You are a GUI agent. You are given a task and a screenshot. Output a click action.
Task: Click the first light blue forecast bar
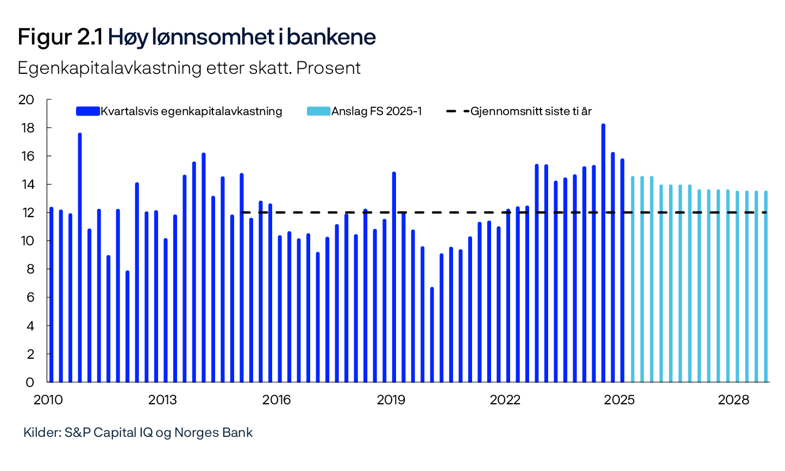pyautogui.click(x=632, y=279)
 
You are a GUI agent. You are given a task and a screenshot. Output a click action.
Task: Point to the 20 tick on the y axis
pyautogui.click(x=26, y=100)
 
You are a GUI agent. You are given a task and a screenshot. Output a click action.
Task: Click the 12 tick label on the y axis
pyautogui.click(x=26, y=213)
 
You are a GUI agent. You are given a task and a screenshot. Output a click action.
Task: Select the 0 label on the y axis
pyautogui.click(x=30, y=383)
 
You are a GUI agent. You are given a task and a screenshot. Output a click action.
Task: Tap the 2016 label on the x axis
pyautogui.click(x=277, y=400)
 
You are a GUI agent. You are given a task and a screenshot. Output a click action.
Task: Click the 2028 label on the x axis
pyautogui.click(x=733, y=400)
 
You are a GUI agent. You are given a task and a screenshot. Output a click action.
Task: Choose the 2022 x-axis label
pyautogui.click(x=505, y=400)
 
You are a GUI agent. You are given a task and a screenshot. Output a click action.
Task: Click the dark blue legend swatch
pyautogui.click(x=87, y=111)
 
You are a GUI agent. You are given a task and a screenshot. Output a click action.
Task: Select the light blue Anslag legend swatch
pyautogui.click(x=318, y=111)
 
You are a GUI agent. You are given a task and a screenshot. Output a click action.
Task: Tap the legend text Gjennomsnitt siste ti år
pyautogui.click(x=531, y=111)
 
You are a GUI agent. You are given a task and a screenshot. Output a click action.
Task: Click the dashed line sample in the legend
pyautogui.click(x=457, y=111)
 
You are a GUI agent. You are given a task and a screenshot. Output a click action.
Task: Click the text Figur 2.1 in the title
pyautogui.click(x=60, y=37)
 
